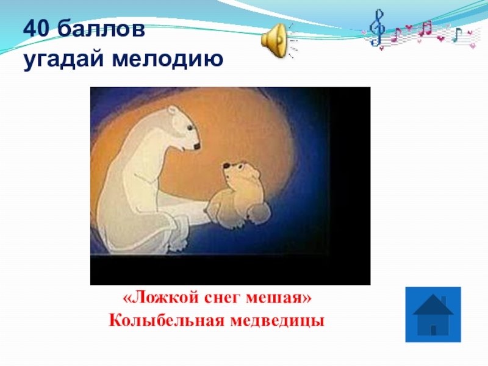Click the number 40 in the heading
[x=36, y=29]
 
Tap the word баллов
[x=101, y=29]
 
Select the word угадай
[x=63, y=59]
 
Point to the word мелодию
[x=167, y=59]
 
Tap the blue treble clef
[x=377, y=28]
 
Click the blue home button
[x=433, y=314]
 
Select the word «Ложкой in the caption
[x=161, y=298]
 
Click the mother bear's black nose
[x=196, y=146]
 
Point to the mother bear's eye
[x=189, y=127]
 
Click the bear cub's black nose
[x=226, y=165]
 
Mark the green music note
[x=456, y=34]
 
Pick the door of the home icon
[x=433, y=330]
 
